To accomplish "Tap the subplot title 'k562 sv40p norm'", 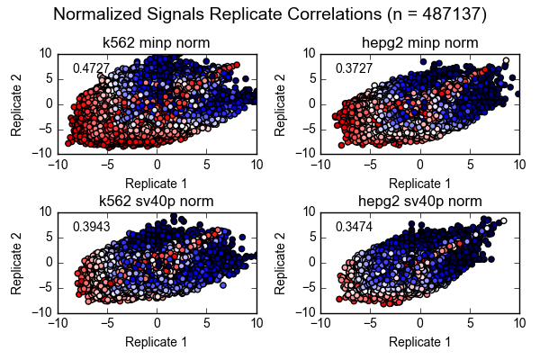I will coord(157,201).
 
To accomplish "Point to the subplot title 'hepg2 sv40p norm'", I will coord(419,201).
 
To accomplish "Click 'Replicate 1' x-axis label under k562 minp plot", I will coord(157,183).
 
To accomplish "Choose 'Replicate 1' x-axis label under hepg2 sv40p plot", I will coord(419,342).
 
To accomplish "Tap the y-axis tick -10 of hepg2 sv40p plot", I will coord(305,312).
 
